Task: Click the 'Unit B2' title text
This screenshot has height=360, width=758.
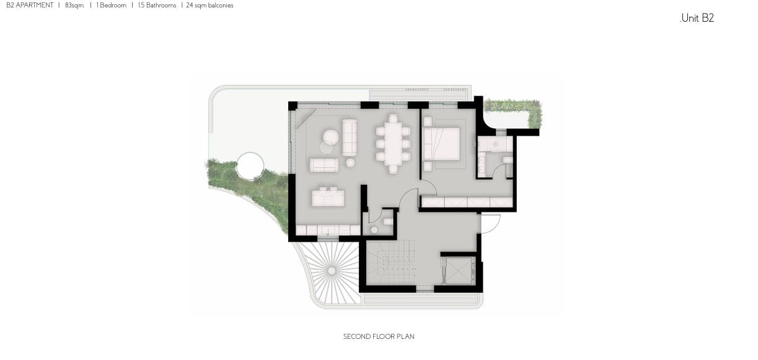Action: point(697,18)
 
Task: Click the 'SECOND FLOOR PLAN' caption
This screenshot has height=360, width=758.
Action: point(379,336)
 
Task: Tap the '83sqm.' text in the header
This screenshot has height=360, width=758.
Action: point(74,6)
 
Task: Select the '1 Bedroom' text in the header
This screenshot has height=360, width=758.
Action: point(112,6)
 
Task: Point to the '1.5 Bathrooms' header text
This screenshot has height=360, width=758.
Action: point(157,6)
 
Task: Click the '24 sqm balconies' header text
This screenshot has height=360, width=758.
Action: point(210,6)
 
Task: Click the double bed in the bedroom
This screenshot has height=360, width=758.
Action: point(442,144)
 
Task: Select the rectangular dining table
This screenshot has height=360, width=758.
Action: point(393,144)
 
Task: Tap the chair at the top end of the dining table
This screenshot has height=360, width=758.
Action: point(393,118)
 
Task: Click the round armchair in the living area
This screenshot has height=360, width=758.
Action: point(331,138)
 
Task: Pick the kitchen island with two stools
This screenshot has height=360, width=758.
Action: point(328,196)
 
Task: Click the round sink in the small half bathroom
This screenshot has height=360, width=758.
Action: point(374,230)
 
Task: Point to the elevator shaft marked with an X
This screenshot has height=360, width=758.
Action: point(459,271)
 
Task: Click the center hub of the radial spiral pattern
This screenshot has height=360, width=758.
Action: point(332,271)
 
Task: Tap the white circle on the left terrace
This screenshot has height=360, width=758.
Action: point(250,166)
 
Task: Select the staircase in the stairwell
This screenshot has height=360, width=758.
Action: point(391,263)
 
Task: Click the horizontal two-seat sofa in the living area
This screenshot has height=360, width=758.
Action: point(324,165)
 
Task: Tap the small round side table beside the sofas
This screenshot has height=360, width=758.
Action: point(350,163)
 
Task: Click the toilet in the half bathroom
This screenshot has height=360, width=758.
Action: point(388,222)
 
